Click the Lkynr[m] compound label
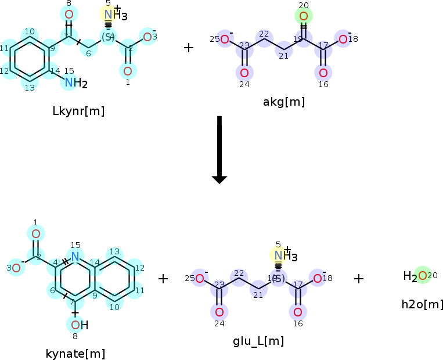78,111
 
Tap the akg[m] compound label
284,102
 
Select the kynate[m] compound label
75,353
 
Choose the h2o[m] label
423,304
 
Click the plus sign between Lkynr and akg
189,48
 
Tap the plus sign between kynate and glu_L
163,279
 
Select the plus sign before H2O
359,279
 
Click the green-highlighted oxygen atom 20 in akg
304,16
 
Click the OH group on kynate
79,325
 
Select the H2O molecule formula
416,276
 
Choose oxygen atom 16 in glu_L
298,311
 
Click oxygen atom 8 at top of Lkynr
69,15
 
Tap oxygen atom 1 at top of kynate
35,233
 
